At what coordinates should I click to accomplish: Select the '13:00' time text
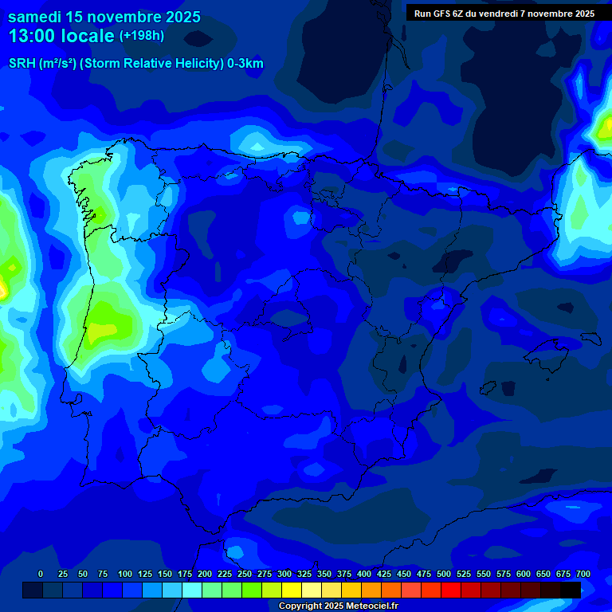click(32, 36)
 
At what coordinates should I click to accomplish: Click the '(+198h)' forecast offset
click(141, 36)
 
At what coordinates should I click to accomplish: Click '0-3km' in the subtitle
click(245, 64)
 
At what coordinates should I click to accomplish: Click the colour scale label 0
click(41, 574)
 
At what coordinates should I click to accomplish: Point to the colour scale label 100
click(125, 574)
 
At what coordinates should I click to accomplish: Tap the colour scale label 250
click(245, 574)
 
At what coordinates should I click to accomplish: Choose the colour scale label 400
click(364, 574)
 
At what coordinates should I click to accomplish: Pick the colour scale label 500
click(444, 574)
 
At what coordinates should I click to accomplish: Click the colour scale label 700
click(583, 574)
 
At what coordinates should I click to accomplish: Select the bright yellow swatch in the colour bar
click(292, 590)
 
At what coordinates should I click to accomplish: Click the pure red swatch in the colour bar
click(451, 590)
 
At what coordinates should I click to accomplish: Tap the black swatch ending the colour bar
click(571, 590)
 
